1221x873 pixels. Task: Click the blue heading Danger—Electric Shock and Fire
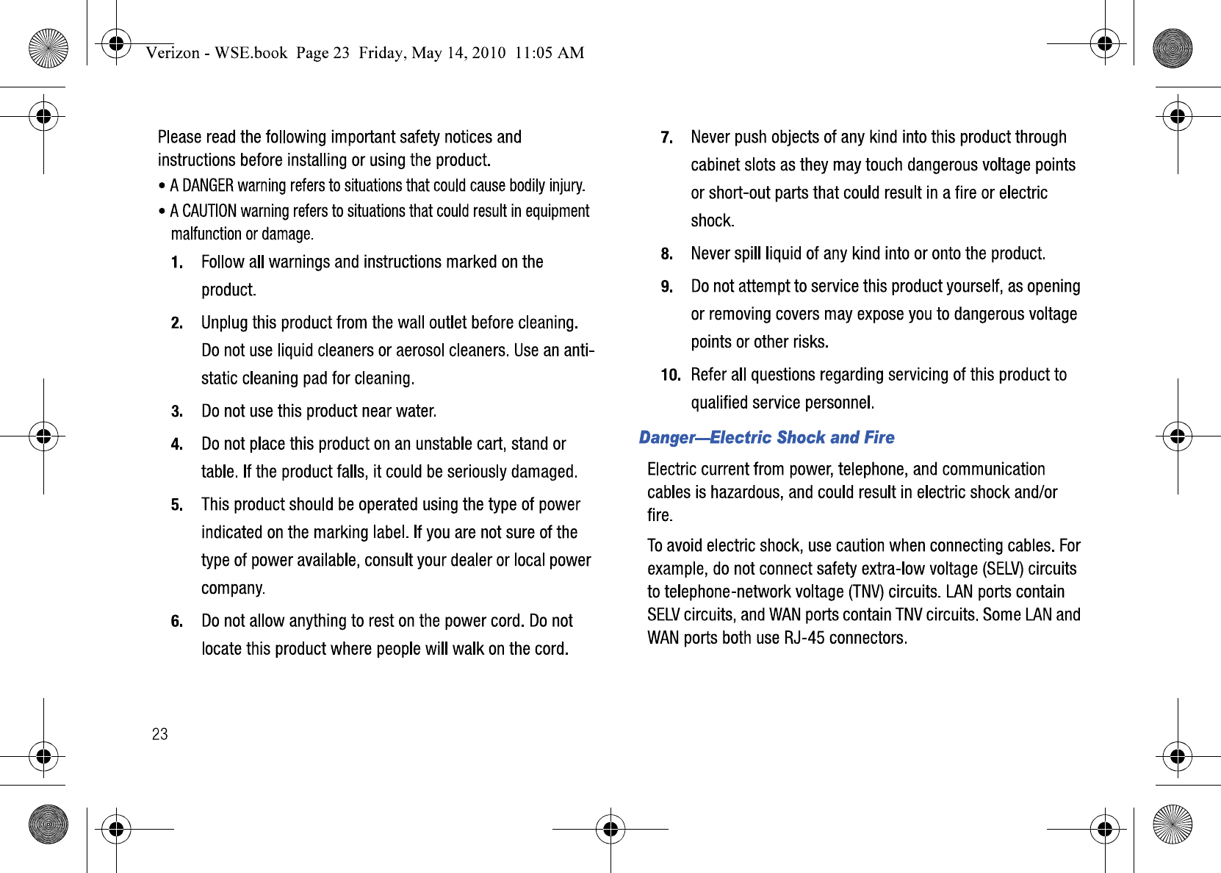pyautogui.click(x=766, y=438)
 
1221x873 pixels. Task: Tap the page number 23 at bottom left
pyautogui.click(x=159, y=734)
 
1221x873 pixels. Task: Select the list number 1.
pyautogui.click(x=176, y=263)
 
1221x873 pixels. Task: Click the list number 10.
pyautogui.click(x=670, y=376)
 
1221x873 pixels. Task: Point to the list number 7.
pyautogui.click(x=666, y=138)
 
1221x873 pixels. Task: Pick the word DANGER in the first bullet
pyautogui.click(x=208, y=186)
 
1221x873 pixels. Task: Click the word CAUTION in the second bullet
pyautogui.click(x=209, y=212)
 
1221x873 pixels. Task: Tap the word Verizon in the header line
pyautogui.click(x=173, y=53)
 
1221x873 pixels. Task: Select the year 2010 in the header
pyautogui.click(x=489, y=53)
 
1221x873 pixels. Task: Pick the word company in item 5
pyautogui.click(x=232, y=589)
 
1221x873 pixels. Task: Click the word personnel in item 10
pyautogui.click(x=838, y=403)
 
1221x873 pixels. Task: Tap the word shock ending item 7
pyautogui.click(x=711, y=221)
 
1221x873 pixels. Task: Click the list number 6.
pyautogui.click(x=176, y=622)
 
